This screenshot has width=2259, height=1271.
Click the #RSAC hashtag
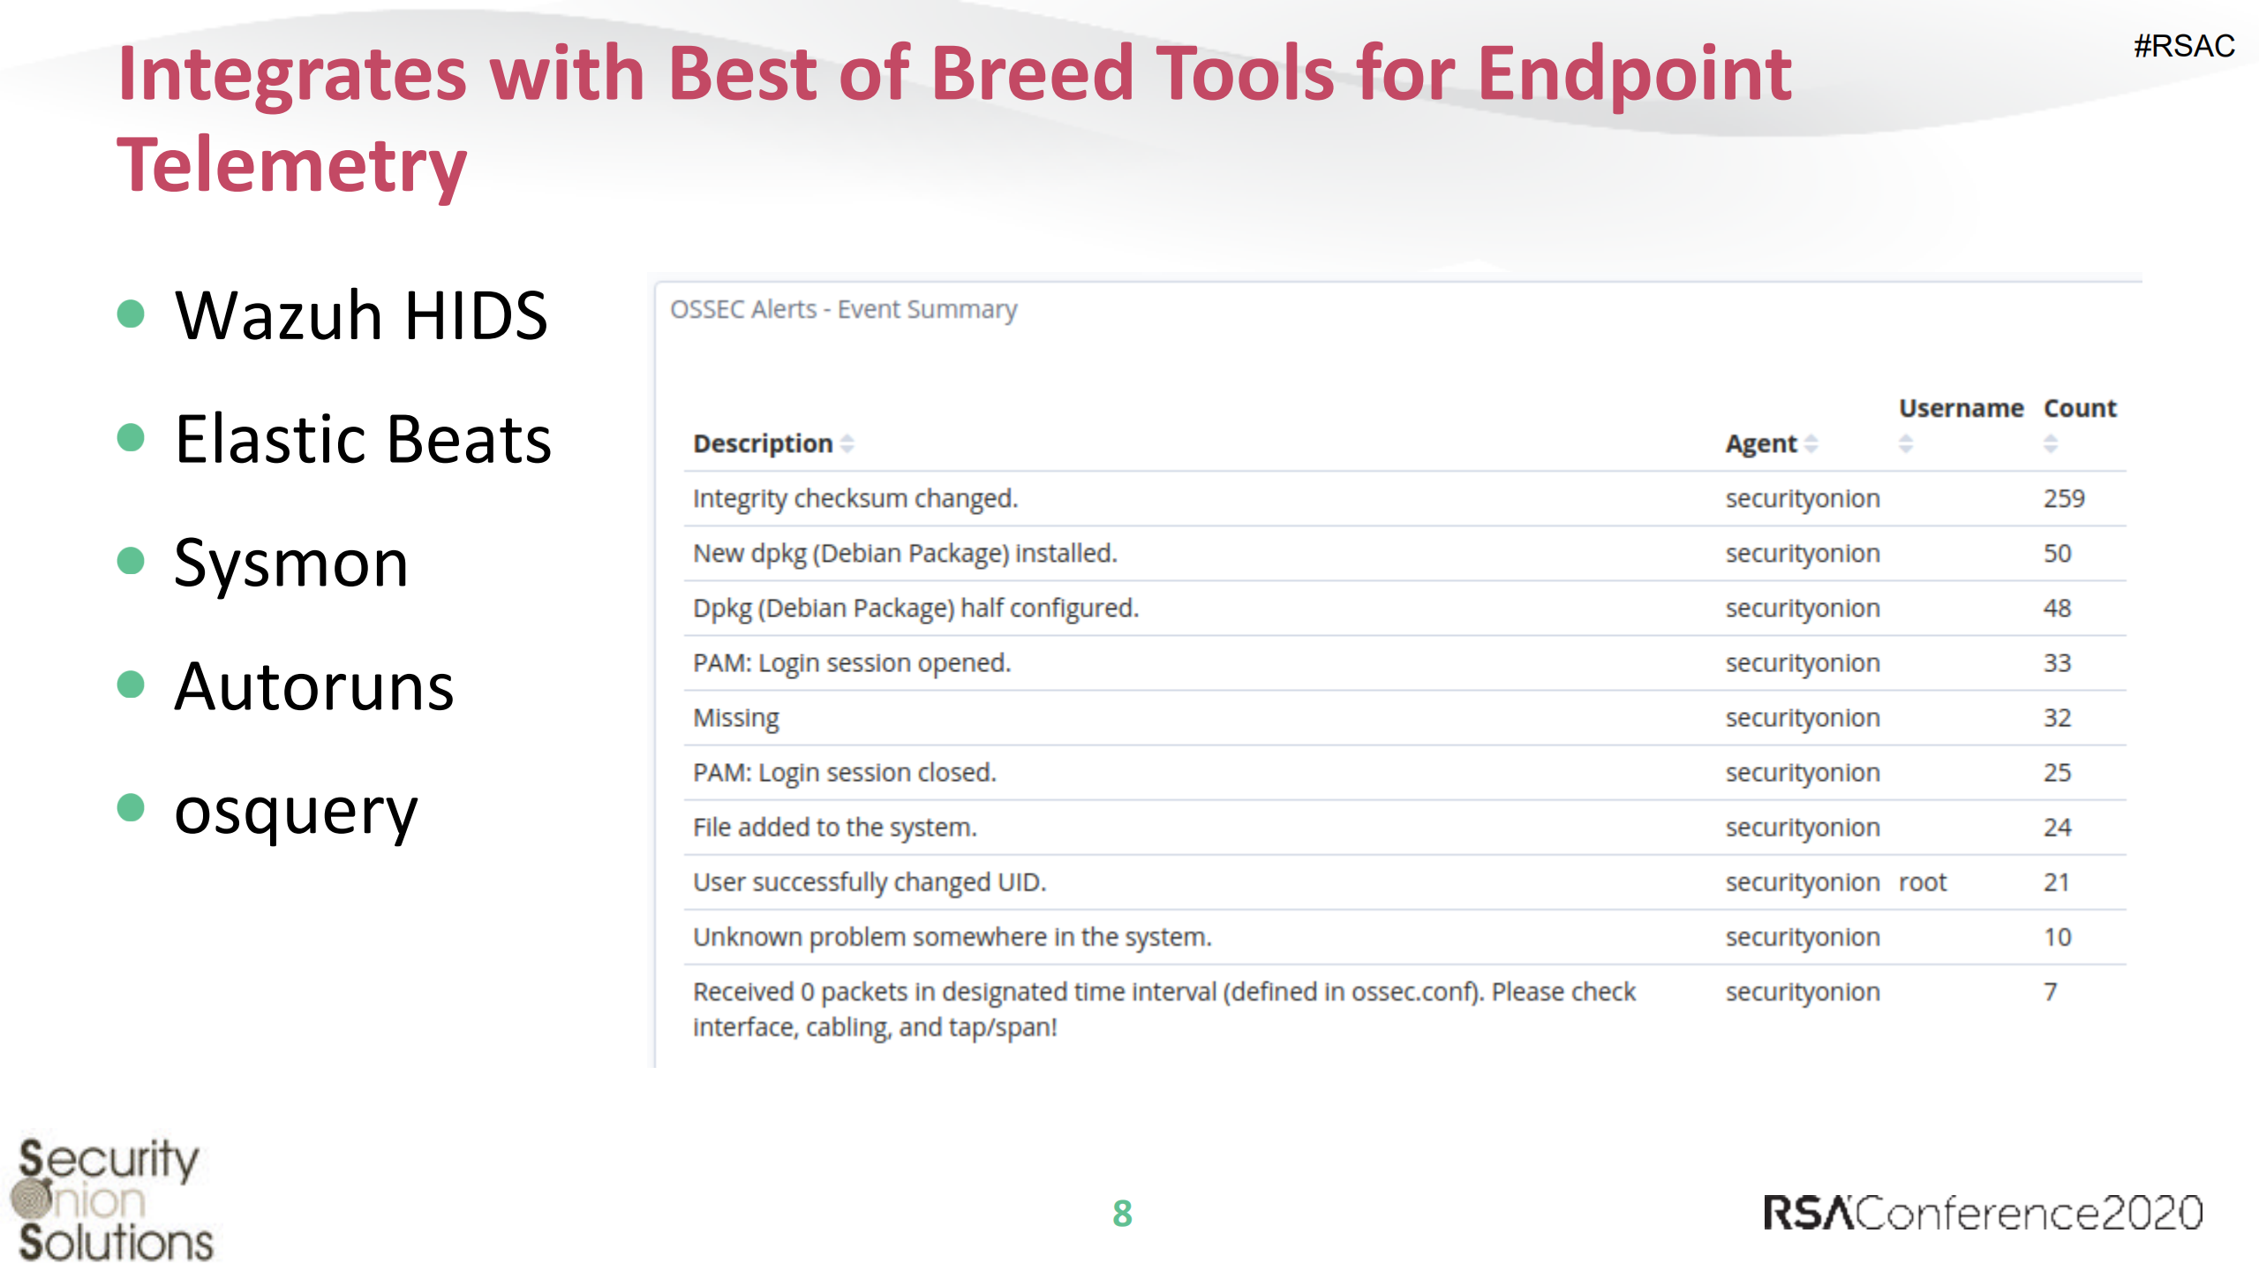(x=2184, y=46)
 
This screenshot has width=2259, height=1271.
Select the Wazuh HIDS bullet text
(x=361, y=315)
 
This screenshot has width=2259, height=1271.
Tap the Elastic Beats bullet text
(x=363, y=439)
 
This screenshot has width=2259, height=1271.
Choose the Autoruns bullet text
(x=314, y=686)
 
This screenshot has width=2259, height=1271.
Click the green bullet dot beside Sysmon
(x=131, y=561)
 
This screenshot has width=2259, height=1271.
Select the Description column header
(x=763, y=443)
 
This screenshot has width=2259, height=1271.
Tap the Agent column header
(x=1761, y=443)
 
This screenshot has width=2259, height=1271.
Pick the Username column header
(x=1961, y=408)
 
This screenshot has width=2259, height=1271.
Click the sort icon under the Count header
(x=2051, y=443)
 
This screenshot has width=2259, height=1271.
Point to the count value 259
(x=2064, y=498)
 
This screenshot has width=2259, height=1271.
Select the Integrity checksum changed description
(x=855, y=499)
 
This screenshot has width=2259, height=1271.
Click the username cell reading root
(x=1923, y=882)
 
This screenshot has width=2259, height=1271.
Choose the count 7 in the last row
(x=2051, y=992)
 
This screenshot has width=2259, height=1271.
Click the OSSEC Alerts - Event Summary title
(x=843, y=310)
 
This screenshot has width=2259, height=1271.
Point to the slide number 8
(x=1122, y=1214)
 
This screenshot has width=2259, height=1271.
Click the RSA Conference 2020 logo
(x=1983, y=1213)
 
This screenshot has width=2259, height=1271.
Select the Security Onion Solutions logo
(x=112, y=1200)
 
